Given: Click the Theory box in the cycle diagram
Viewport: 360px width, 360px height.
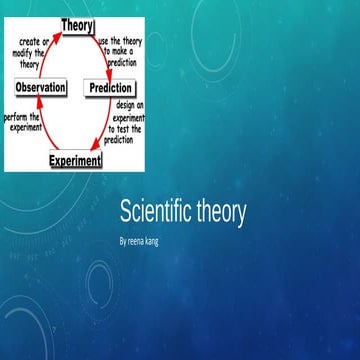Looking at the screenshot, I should point(77,24).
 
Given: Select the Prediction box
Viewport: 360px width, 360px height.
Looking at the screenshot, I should point(110,88).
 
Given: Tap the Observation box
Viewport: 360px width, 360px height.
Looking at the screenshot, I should point(41,88).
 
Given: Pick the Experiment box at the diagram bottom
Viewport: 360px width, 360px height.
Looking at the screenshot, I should point(75,160).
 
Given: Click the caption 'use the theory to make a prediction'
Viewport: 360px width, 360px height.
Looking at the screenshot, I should point(121,51).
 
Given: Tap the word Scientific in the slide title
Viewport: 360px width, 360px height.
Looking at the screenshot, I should point(156,212).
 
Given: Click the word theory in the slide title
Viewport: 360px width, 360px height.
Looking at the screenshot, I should point(221,212).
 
